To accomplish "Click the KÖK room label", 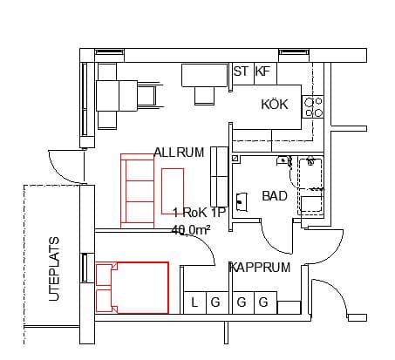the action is [x=275, y=105].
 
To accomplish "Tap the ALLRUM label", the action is [x=179, y=153].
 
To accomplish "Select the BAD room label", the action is [x=275, y=196].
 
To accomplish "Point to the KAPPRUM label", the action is [x=260, y=268].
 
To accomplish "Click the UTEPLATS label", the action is [x=54, y=269].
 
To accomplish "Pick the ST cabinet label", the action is [x=241, y=71].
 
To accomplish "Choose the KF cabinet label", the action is [x=262, y=71].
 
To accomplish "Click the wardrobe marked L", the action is [x=195, y=302].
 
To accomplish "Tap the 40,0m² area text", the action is [x=191, y=230].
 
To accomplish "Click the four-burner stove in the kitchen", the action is [x=313, y=106].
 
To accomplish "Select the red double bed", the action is [x=133, y=288].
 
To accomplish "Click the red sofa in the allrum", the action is [x=137, y=191].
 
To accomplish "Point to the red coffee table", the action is [x=173, y=191].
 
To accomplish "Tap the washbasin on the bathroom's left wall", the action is [x=242, y=201].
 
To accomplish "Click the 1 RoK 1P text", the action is [x=200, y=213].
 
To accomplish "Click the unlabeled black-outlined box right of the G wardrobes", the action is [x=289, y=308].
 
